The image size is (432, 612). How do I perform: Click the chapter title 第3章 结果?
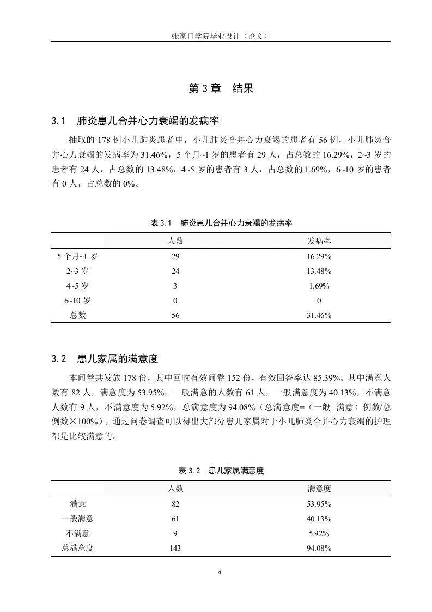pyautogui.click(x=221, y=88)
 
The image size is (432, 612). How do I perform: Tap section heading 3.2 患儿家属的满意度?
pyautogui.click(x=105, y=359)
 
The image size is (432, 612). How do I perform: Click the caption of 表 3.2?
pyautogui.click(x=221, y=471)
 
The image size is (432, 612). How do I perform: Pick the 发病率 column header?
pyautogui.click(x=319, y=241)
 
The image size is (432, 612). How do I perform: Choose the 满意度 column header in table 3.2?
pyautogui.click(x=319, y=488)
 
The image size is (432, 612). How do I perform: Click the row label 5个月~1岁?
pyautogui.click(x=78, y=256)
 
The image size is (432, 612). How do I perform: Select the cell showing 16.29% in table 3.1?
pyautogui.click(x=319, y=256)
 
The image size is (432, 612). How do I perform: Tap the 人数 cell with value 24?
pyautogui.click(x=175, y=271)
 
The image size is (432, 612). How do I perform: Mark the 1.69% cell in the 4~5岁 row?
pyautogui.click(x=319, y=286)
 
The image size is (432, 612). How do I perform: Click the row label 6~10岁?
pyautogui.click(x=78, y=301)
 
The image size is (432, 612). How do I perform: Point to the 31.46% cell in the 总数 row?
pyautogui.click(x=319, y=315)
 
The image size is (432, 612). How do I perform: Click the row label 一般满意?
pyautogui.click(x=78, y=519)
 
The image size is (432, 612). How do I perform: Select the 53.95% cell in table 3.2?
pyautogui.click(x=319, y=504)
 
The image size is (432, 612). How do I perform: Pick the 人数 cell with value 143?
pyautogui.click(x=175, y=548)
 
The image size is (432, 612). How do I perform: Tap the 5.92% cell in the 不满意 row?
pyautogui.click(x=319, y=533)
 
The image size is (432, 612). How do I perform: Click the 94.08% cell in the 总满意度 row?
pyautogui.click(x=319, y=548)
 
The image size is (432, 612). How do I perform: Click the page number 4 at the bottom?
pyautogui.click(x=220, y=572)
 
